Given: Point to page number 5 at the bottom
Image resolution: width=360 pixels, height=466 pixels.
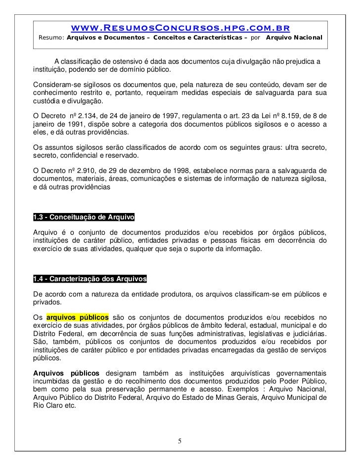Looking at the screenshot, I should click(x=180, y=440).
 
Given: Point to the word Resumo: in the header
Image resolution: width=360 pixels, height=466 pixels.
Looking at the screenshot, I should click(x=51, y=38).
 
